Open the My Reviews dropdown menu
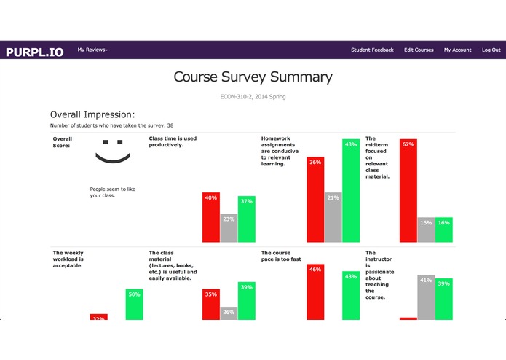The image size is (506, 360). [92, 50]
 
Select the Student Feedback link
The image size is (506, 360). [372, 50]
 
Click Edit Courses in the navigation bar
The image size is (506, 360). [419, 50]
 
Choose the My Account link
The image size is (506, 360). [458, 50]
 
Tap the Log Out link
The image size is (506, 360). [491, 50]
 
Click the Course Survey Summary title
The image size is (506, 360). [253, 77]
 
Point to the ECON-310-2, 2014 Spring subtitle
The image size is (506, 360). [253, 96]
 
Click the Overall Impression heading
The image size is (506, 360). [92, 114]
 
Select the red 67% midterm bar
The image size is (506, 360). [408, 190]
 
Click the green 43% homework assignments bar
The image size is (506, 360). [351, 191]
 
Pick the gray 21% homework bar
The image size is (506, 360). [333, 217]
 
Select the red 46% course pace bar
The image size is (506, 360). [315, 291]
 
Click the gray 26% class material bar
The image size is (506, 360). [229, 313]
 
